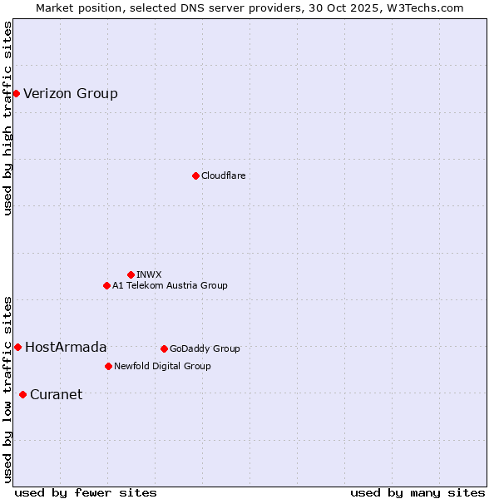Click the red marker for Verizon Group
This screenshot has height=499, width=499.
(x=16, y=93)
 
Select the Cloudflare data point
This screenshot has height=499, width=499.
(x=195, y=175)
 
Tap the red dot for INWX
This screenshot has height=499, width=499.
(x=131, y=274)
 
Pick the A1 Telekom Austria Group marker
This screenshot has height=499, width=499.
(x=106, y=285)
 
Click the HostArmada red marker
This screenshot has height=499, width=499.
(x=17, y=347)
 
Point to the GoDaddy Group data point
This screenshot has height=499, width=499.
(x=164, y=348)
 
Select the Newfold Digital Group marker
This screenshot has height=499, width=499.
(x=108, y=366)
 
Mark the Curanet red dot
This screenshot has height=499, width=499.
(x=22, y=394)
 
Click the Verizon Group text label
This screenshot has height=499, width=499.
(x=71, y=93)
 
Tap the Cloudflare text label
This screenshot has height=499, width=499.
(x=223, y=175)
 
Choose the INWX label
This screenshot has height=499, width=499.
(x=149, y=274)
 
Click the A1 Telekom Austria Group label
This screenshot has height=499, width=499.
(x=170, y=285)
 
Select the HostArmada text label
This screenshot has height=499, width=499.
(x=66, y=347)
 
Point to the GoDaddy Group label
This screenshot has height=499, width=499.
(x=205, y=348)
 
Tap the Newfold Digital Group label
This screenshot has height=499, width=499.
(x=162, y=366)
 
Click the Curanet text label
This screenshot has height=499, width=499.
(x=56, y=394)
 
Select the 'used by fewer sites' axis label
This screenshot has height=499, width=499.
(x=86, y=492)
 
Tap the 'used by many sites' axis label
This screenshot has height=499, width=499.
(x=417, y=492)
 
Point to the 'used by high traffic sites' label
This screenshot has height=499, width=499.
(x=7, y=118)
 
